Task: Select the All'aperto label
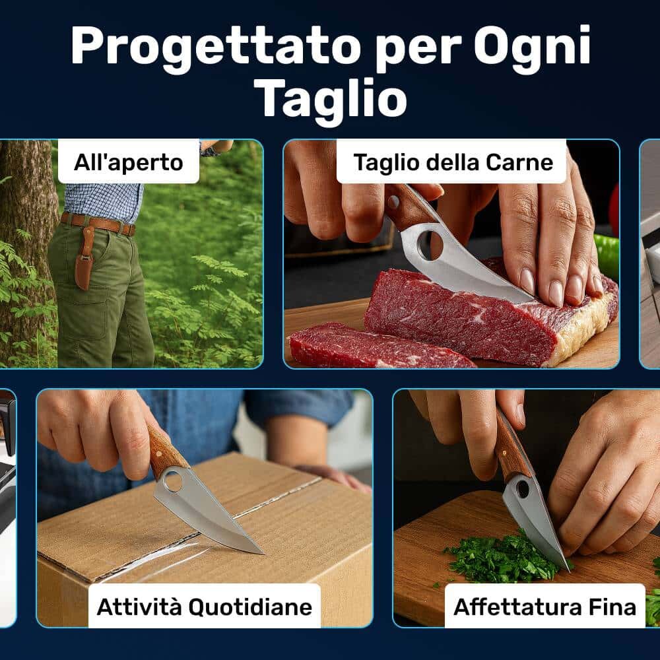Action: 129,162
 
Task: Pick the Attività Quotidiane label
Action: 205,607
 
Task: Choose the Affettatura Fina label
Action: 544,607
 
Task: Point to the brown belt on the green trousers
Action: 99,224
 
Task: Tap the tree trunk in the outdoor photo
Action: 25,253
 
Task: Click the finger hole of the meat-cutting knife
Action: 430,245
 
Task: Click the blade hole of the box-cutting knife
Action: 173,480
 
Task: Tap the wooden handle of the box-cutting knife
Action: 166,450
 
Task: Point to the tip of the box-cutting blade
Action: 263,553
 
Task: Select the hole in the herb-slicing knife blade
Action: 523,488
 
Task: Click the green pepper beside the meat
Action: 607,257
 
